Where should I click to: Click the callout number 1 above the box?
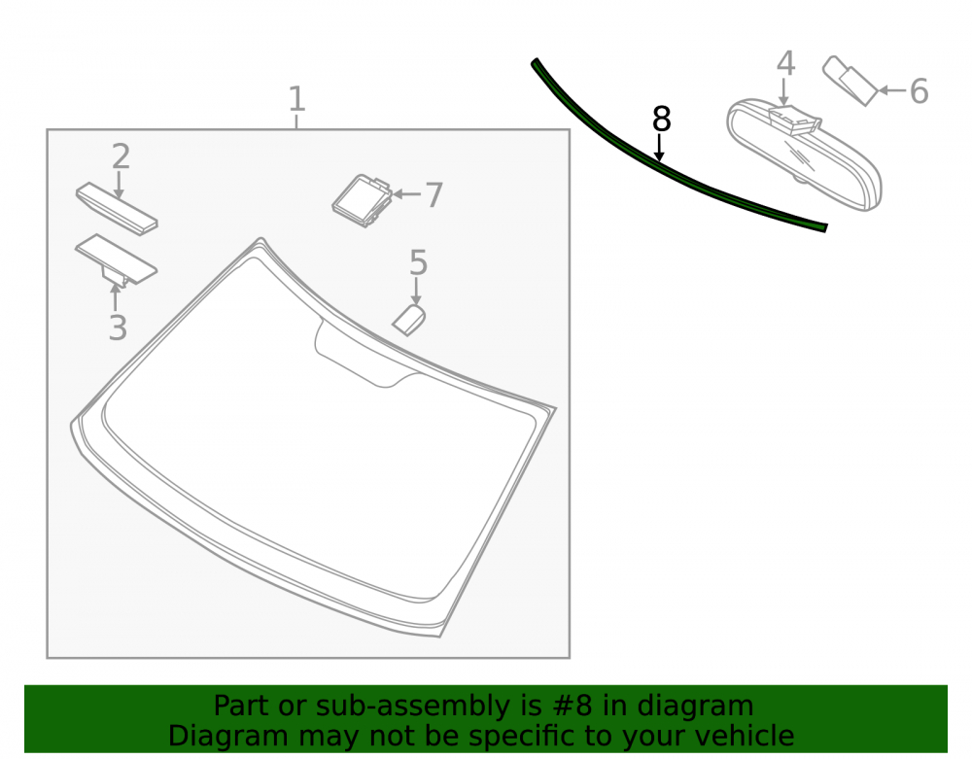click(296, 99)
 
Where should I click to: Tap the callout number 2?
click(121, 156)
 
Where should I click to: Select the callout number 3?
click(118, 328)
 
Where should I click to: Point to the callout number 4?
click(786, 64)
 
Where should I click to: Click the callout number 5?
click(418, 262)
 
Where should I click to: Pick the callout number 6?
click(919, 91)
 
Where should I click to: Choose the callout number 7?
click(434, 195)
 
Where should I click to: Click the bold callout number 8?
click(661, 119)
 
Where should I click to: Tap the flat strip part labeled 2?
click(117, 208)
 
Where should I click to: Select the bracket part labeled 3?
click(116, 260)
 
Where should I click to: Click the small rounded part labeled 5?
click(409, 320)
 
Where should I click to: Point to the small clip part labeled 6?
click(850, 81)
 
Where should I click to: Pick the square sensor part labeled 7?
click(363, 200)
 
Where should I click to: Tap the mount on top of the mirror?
click(795, 120)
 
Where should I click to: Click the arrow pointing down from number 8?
click(660, 149)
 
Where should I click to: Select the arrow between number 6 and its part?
click(892, 90)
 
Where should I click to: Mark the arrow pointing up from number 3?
click(116, 297)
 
